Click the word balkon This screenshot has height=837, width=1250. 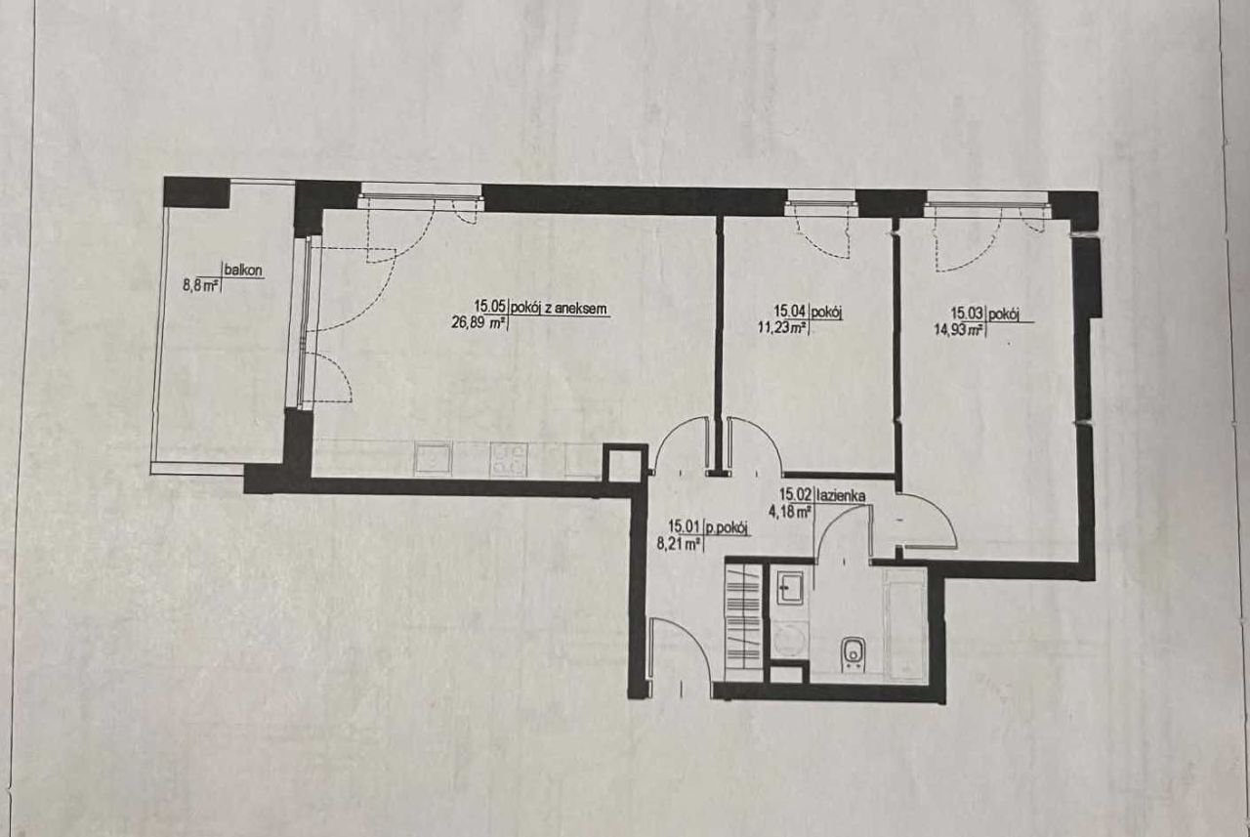[243, 271]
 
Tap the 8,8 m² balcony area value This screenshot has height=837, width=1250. [200, 287]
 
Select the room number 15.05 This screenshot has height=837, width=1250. [490, 307]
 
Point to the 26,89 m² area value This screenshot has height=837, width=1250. [479, 322]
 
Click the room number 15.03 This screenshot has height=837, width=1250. [968, 314]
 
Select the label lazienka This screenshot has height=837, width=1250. [841, 495]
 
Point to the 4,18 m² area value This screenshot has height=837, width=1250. [790, 512]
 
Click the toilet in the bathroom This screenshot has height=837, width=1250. [853, 655]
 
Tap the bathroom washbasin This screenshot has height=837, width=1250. [790, 589]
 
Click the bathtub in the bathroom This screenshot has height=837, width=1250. [904, 623]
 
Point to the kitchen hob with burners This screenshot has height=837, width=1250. [509, 460]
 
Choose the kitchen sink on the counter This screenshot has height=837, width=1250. [432, 459]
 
